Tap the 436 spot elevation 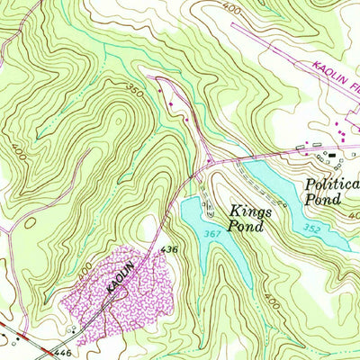pos(167,247)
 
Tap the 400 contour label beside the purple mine pos(85,269)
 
